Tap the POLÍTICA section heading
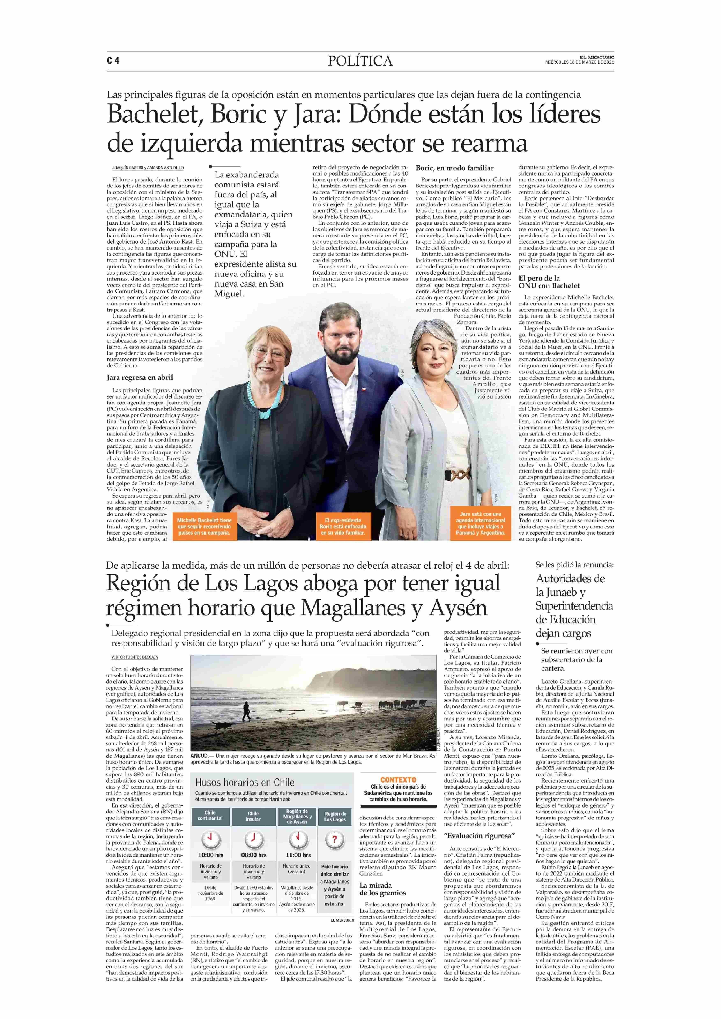pyautogui.click(x=360, y=61)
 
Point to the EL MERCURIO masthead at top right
pyautogui.click(x=597, y=57)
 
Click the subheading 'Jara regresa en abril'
pyautogui.click(x=140, y=377)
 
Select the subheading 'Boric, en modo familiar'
pyautogui.click(x=455, y=168)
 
